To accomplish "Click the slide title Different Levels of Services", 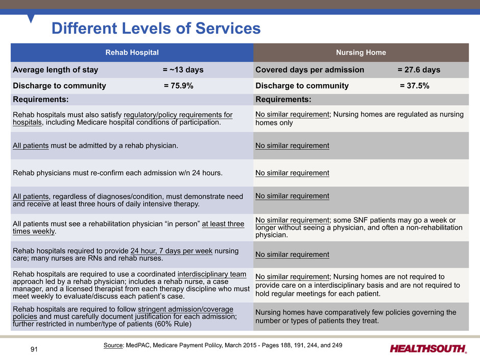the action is point(156,28).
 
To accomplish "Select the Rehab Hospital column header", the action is point(132,53).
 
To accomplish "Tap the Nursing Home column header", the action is point(361,53).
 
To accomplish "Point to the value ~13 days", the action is point(186,70).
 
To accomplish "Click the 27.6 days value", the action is point(422,70).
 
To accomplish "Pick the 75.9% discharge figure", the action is point(182,86).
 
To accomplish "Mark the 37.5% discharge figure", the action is point(418,86).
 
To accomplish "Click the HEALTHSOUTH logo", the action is point(428,349).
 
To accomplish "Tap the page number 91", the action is point(34,349).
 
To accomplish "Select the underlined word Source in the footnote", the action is point(113,345).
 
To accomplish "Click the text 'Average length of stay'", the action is point(56,70).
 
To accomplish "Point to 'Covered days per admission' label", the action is point(310,70).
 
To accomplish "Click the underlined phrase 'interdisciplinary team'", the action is point(212,274).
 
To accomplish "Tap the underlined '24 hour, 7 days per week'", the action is point(172,251).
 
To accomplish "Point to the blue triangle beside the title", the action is point(31,18).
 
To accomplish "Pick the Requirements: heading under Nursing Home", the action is point(283,100).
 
